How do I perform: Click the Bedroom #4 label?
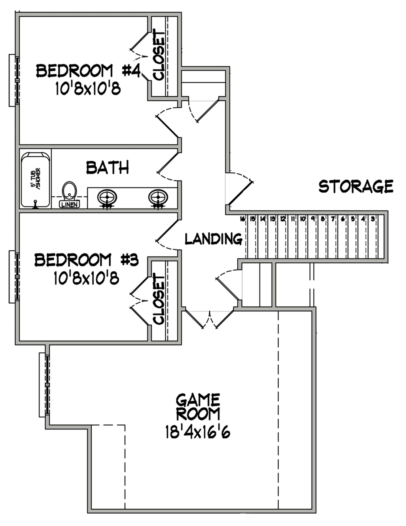pyautogui.click(x=88, y=71)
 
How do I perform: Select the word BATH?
pyautogui.click(x=107, y=168)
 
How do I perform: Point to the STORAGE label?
pyautogui.click(x=356, y=186)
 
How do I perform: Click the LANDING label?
pyautogui.click(x=213, y=239)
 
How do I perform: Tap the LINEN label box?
pyautogui.click(x=70, y=204)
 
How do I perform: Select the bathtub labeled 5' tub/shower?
pyautogui.click(x=35, y=180)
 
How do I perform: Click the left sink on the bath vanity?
pyautogui.click(x=107, y=197)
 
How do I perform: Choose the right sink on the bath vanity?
pyautogui.click(x=158, y=197)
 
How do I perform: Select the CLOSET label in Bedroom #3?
pyautogui.click(x=159, y=300)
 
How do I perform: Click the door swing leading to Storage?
pyautogui.click(x=240, y=189)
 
